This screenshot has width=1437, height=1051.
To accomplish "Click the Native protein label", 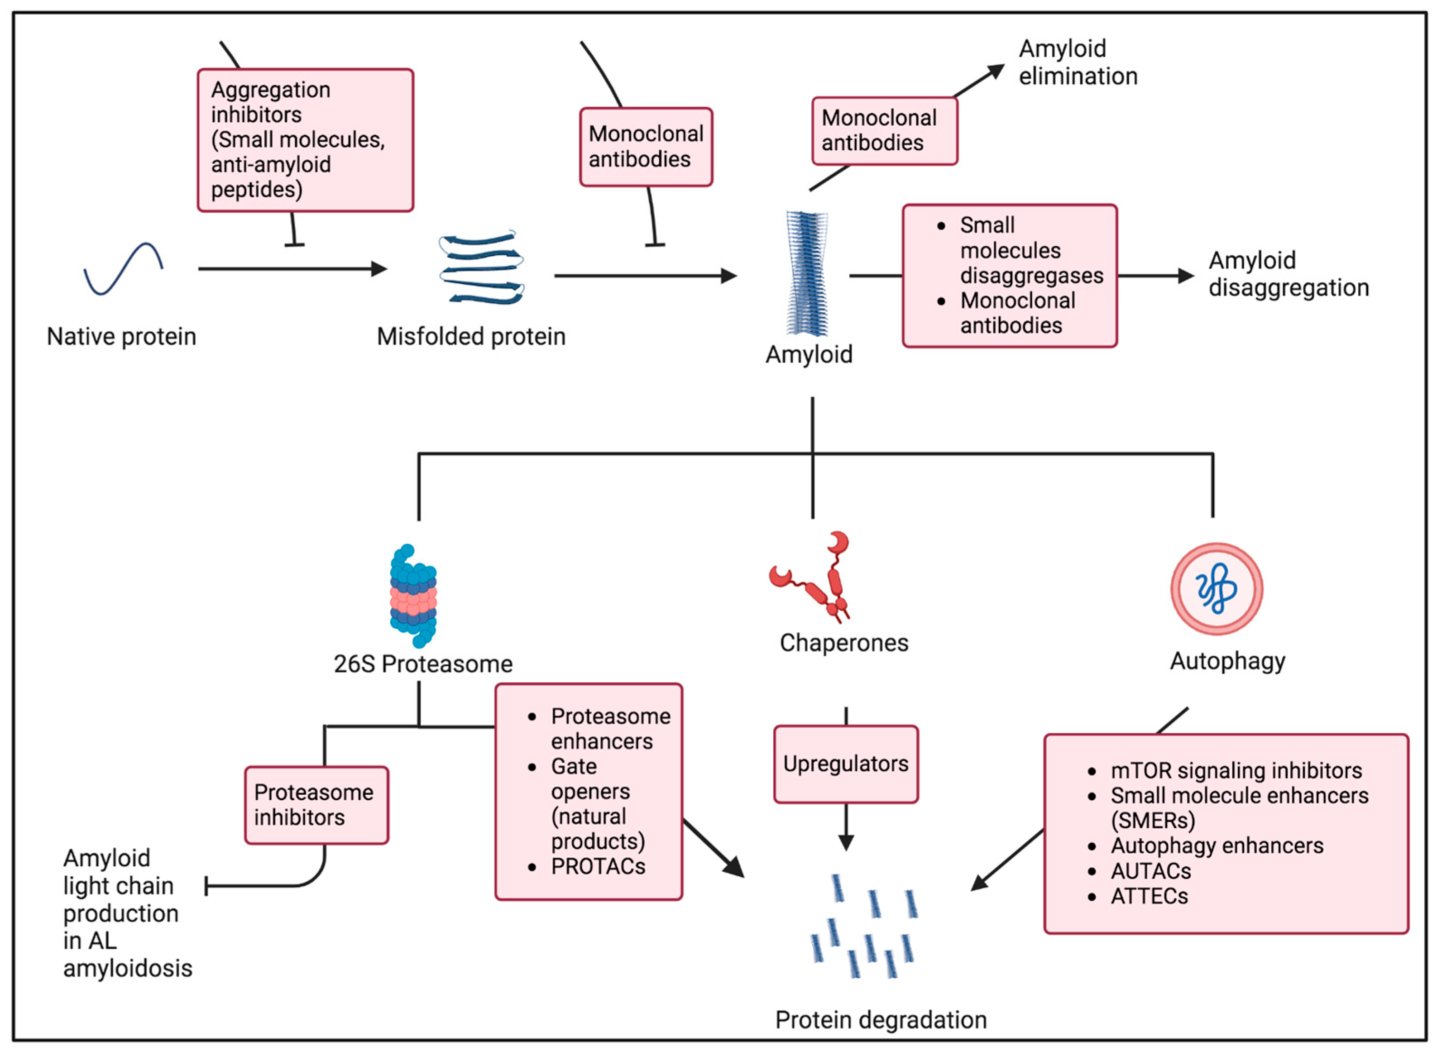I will pos(121,337).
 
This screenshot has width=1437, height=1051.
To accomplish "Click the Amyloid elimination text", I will pos(1078,62).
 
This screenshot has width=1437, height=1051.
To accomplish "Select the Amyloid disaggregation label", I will pos(1288,274).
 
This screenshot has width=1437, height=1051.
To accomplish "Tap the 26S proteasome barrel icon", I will pos(414,596).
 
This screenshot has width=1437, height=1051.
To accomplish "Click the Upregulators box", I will pos(845,764).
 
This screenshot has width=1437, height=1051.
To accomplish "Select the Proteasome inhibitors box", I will pos(316,805).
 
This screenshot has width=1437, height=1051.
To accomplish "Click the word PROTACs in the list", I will pos(598,866).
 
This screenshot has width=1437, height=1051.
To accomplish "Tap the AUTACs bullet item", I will pos(1150,871).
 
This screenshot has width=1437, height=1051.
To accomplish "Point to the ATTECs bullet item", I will pos(1150,896).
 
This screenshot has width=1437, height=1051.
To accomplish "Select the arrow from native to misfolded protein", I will pos(293,269).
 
